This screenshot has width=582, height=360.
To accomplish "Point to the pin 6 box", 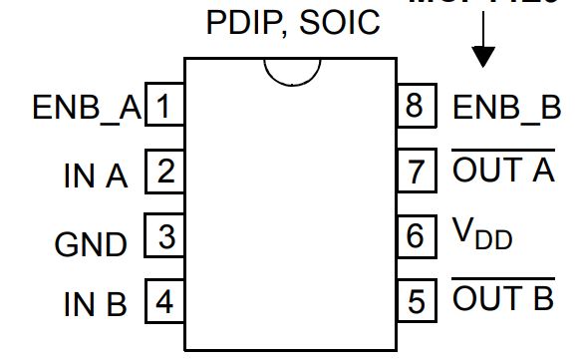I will (x=417, y=236).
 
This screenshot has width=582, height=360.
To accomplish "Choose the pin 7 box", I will (x=417, y=172).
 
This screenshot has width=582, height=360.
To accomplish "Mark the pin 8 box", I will (x=417, y=107).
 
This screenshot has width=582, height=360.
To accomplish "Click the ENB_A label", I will (x=87, y=108).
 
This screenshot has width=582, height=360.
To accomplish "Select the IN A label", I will (x=96, y=177).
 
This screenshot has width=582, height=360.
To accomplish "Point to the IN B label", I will (x=96, y=304).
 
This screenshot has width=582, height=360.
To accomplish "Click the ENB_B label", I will (x=506, y=108).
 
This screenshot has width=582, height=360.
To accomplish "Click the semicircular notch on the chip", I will (x=291, y=72).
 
